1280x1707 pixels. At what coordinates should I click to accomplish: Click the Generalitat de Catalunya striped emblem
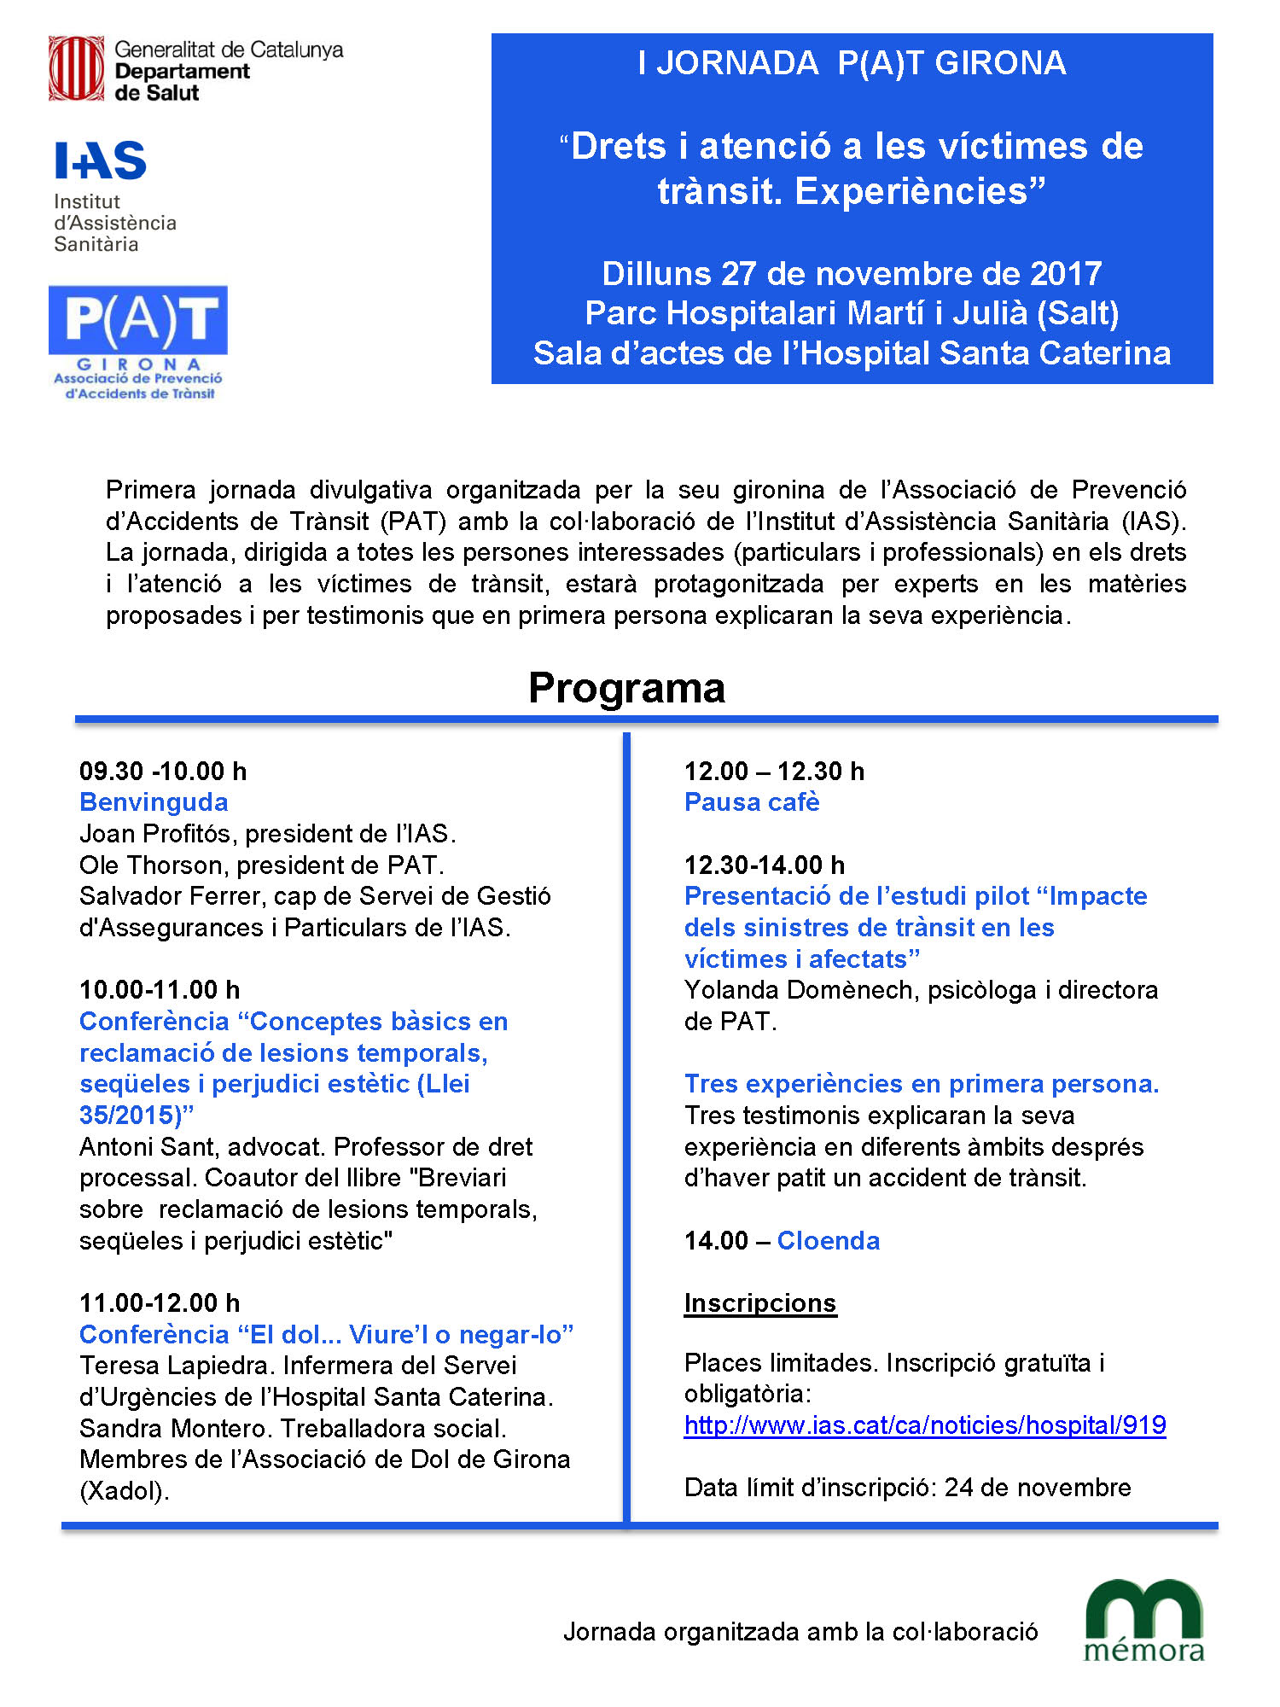76,68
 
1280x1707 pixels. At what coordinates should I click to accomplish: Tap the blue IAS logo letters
101,161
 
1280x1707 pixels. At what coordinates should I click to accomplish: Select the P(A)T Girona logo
138,341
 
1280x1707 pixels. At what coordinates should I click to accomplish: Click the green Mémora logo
1143,1621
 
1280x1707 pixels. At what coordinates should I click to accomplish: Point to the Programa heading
626,688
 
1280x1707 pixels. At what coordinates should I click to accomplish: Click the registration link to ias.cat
925,1425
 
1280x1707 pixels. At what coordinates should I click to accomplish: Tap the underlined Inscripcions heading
759,1303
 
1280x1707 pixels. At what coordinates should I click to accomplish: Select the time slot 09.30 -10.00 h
163,772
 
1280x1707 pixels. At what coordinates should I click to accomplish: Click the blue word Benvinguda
154,802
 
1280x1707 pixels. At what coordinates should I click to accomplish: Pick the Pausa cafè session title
752,802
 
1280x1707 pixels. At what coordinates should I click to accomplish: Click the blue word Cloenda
828,1241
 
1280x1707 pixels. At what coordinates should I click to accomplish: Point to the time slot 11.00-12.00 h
160,1303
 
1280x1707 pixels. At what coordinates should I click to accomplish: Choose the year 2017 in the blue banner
1066,274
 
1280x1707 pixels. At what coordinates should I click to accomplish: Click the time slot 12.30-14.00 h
765,865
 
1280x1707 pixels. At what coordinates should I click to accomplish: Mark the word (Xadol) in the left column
125,1491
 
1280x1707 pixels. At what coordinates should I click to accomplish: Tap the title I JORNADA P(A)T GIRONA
852,64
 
